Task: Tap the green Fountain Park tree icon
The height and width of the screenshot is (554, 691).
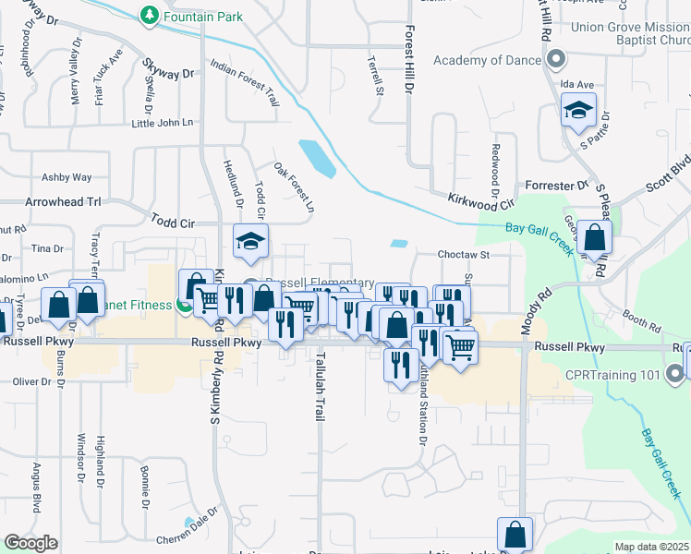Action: pos(149,15)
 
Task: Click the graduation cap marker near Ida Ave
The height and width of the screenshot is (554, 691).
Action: pos(578,112)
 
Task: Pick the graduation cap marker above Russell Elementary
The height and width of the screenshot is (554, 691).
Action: pos(249,243)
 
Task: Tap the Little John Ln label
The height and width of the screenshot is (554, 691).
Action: pos(163,123)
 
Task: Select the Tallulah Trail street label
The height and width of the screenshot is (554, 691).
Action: pos(321,388)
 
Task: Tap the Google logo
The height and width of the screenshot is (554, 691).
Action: pos(30,543)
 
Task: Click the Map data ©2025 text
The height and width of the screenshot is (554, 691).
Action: pos(651,547)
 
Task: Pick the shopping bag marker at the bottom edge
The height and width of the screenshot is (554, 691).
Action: pos(515,535)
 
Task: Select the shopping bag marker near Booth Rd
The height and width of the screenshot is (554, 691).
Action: pos(597,238)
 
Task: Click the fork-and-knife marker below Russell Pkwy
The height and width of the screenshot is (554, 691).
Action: pos(399,365)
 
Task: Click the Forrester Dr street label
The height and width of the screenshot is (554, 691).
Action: pos(556,186)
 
